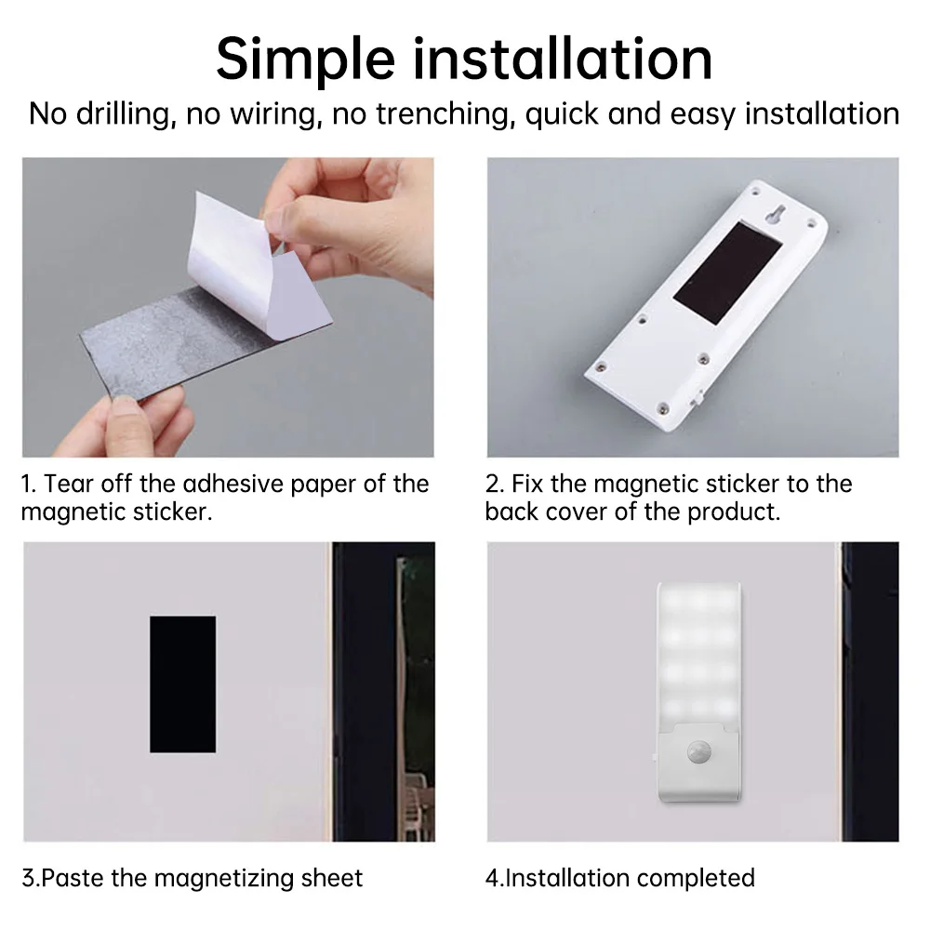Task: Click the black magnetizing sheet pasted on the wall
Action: tap(182, 684)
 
